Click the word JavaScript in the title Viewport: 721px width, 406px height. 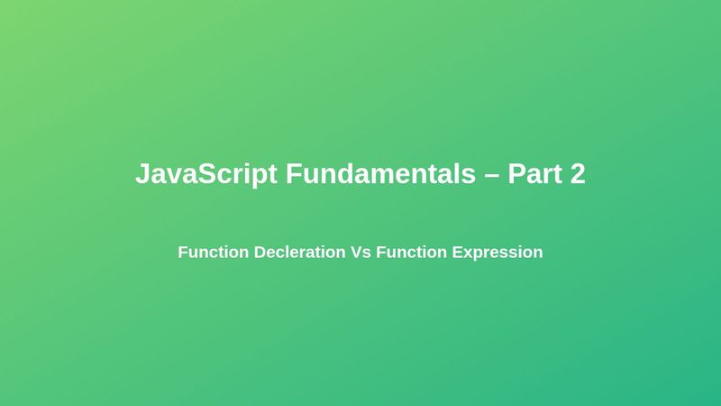pos(206,174)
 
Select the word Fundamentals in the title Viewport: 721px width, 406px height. pos(380,174)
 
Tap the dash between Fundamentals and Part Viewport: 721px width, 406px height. pos(491,175)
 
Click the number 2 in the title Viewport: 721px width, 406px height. pos(577,174)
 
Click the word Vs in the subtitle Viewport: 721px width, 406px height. pos(360,253)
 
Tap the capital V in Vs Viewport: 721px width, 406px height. pos(356,253)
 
